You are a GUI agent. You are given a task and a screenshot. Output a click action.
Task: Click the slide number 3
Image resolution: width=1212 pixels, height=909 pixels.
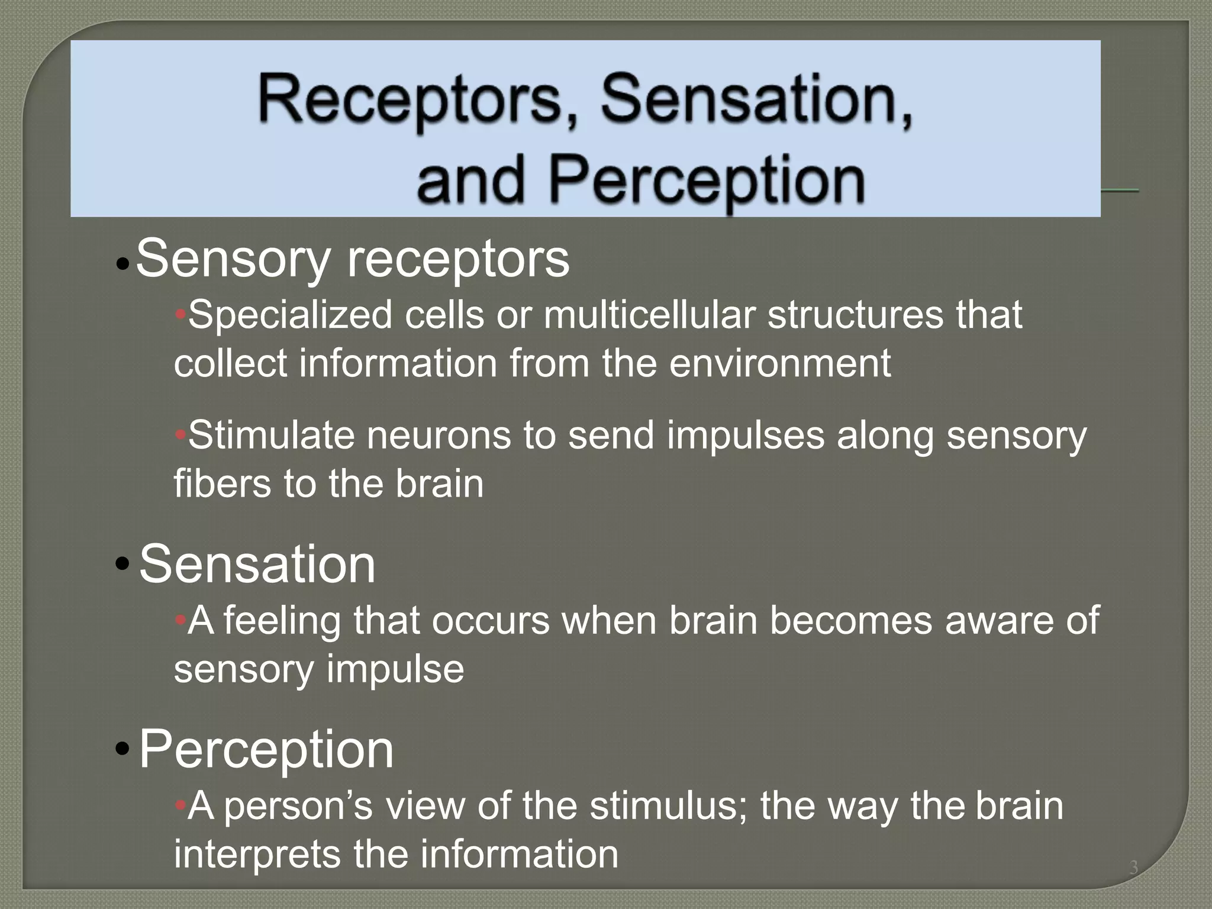click(x=1133, y=868)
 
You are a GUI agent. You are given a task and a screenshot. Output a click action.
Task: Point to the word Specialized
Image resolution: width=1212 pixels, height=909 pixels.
click(x=291, y=315)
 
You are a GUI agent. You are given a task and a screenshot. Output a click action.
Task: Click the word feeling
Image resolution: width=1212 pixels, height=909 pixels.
click(x=282, y=621)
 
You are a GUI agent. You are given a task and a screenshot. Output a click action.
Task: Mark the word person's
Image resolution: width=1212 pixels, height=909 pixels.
click(x=299, y=806)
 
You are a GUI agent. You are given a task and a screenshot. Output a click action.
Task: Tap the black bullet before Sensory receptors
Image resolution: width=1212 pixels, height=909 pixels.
click(x=123, y=264)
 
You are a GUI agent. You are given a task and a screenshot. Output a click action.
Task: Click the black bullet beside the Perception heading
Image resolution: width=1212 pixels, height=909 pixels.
click(x=123, y=749)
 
